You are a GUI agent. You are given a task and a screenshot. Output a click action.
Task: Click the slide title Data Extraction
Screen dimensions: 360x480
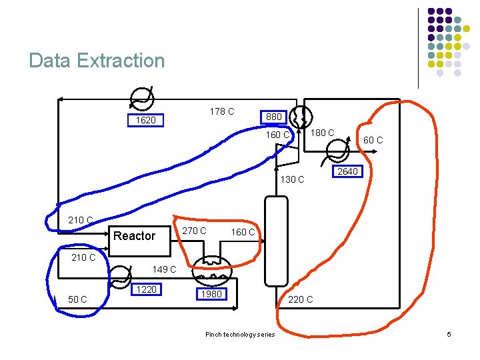pos(97,61)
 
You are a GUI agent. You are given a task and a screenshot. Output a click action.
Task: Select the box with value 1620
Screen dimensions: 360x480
pos(146,121)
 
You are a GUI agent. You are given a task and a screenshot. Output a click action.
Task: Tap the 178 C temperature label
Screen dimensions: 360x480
pos(221,111)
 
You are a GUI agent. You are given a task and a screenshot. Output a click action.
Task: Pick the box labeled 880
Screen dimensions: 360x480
pos(274,117)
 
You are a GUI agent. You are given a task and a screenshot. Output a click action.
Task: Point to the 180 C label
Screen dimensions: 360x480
pos(323,133)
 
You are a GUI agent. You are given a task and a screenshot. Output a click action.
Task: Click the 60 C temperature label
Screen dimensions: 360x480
pos(373,140)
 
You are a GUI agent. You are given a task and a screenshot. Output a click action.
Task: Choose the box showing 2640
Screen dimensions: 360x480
pos(347,171)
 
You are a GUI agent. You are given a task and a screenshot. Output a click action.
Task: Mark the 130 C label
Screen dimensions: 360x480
pos(292,179)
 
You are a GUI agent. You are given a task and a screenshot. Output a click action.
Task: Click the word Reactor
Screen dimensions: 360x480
pos(134,236)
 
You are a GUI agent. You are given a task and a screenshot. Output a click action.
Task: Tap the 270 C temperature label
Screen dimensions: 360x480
pos(194,231)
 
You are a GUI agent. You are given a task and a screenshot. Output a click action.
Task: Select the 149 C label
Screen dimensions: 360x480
pos(164,269)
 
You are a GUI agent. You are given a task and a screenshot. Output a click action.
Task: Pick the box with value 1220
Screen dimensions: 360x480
pos(146,289)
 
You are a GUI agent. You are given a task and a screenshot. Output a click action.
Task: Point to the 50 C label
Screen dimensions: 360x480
pos(77,299)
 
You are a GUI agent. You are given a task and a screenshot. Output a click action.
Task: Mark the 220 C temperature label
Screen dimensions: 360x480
pos(300,299)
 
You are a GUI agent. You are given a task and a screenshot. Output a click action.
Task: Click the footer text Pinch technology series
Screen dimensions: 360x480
pos(239,334)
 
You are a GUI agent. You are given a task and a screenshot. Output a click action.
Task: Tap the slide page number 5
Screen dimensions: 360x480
pos(449,333)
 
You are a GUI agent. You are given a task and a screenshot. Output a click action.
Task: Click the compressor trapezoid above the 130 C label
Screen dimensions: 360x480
pos(287,155)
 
